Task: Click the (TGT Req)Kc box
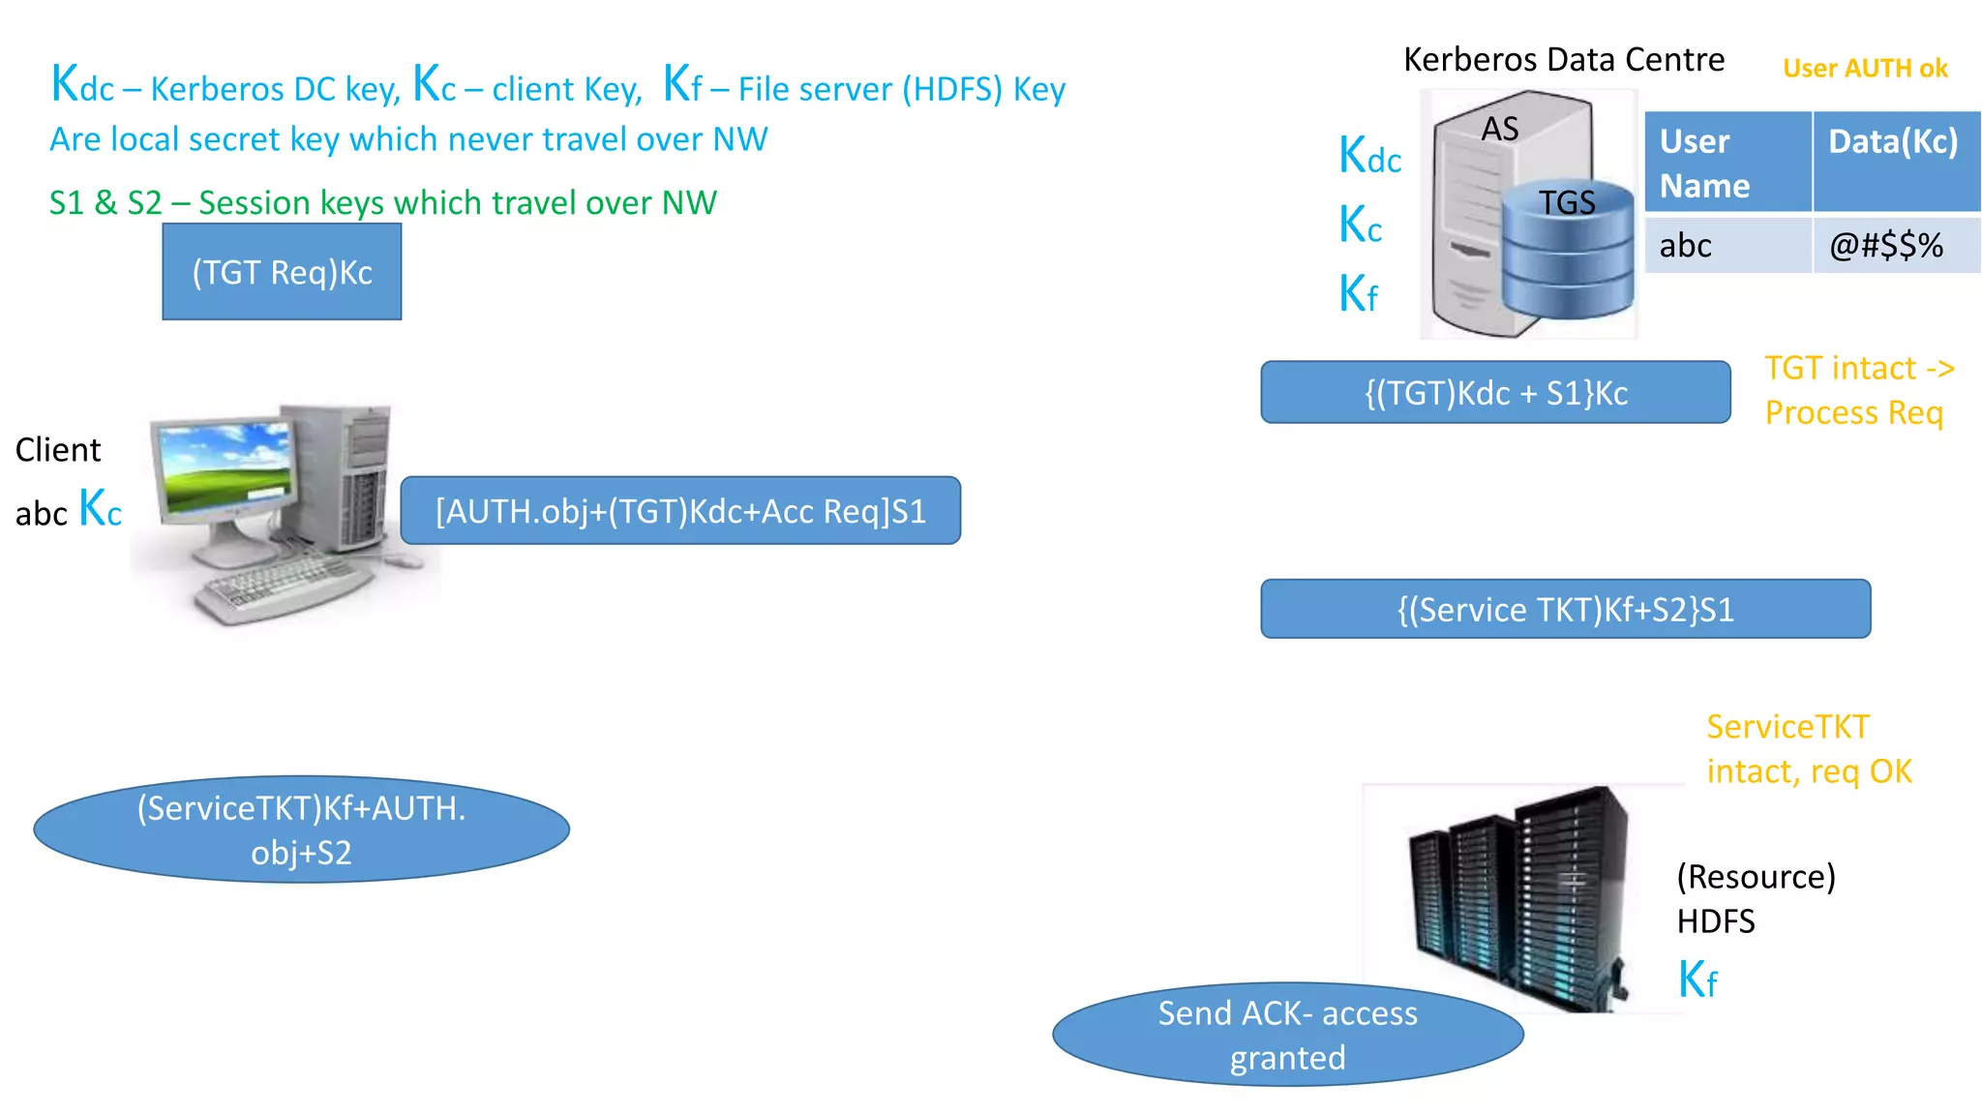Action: [282, 272]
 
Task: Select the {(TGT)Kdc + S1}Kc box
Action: [1495, 393]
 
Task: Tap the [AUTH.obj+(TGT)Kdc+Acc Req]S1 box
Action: [680, 511]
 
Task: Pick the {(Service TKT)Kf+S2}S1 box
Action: [1565, 610]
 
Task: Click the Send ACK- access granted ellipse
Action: [1287, 1036]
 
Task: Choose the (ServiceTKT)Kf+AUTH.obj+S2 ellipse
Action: [301, 830]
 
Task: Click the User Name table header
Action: [1727, 163]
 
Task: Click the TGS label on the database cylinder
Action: [1567, 203]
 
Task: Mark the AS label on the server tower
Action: [1500, 129]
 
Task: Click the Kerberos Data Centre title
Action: [1563, 60]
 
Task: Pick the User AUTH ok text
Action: [1865, 69]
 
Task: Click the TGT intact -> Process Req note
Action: [1857, 391]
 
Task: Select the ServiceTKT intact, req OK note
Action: [1808, 749]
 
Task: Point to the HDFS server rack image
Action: [1519, 900]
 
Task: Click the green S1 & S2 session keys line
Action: [382, 203]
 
